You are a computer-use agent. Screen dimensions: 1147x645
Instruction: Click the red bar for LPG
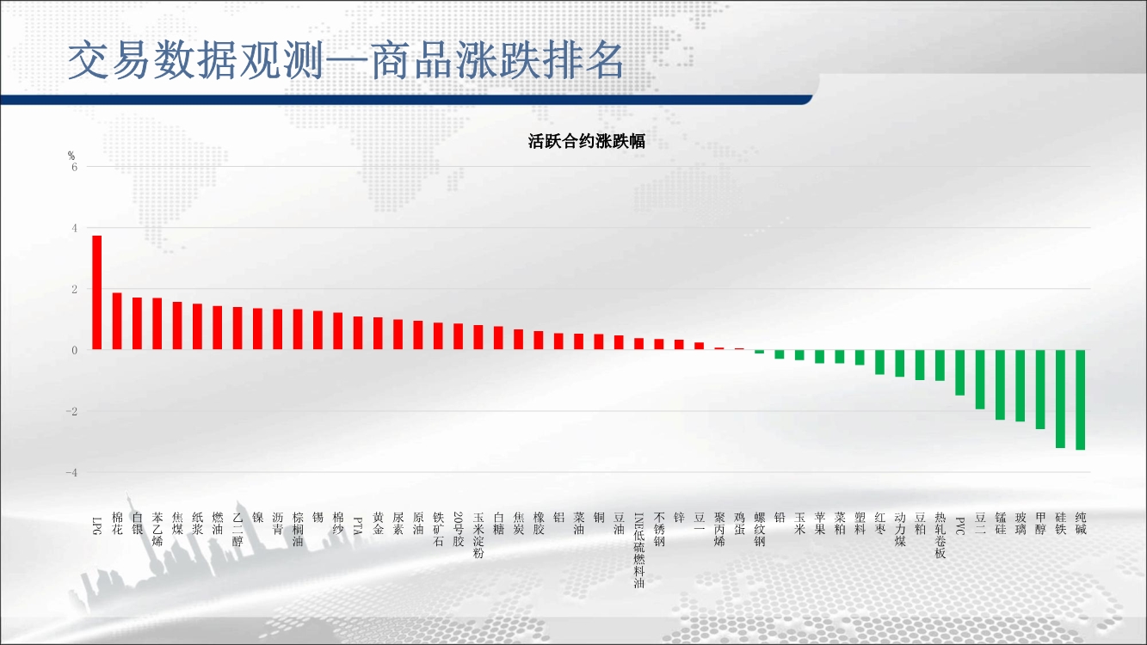(x=96, y=292)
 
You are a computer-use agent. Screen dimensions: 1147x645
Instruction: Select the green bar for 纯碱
(x=1081, y=400)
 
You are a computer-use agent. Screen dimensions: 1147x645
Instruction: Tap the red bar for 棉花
(x=117, y=322)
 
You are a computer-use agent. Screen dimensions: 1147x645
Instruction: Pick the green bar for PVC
(x=960, y=372)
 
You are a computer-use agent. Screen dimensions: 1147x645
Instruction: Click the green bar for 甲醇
(x=1040, y=390)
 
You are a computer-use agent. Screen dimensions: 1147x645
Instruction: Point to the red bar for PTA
(x=358, y=334)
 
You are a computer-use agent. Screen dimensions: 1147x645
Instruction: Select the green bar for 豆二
(x=980, y=379)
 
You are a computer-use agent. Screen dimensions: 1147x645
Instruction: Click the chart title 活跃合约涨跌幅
(x=586, y=141)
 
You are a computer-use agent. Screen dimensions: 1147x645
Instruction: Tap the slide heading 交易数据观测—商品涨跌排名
(x=346, y=60)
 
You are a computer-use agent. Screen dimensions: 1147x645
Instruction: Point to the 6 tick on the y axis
(x=74, y=167)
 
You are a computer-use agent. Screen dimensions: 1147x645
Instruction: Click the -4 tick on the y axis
(x=71, y=472)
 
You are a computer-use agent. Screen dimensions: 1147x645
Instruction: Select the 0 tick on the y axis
(x=74, y=351)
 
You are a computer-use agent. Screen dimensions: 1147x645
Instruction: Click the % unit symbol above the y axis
(x=71, y=156)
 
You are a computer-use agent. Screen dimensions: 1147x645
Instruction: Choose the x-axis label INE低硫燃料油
(x=639, y=550)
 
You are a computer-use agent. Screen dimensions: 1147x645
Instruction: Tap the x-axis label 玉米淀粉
(x=478, y=535)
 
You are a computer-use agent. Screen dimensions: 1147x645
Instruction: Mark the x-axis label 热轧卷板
(x=940, y=535)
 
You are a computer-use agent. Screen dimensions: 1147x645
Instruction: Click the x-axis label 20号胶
(x=459, y=529)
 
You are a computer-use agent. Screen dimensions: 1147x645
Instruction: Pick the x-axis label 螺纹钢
(x=760, y=529)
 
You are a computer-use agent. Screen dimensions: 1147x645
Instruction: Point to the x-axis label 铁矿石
(x=438, y=529)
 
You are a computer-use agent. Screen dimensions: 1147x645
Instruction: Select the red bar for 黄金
(x=378, y=334)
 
